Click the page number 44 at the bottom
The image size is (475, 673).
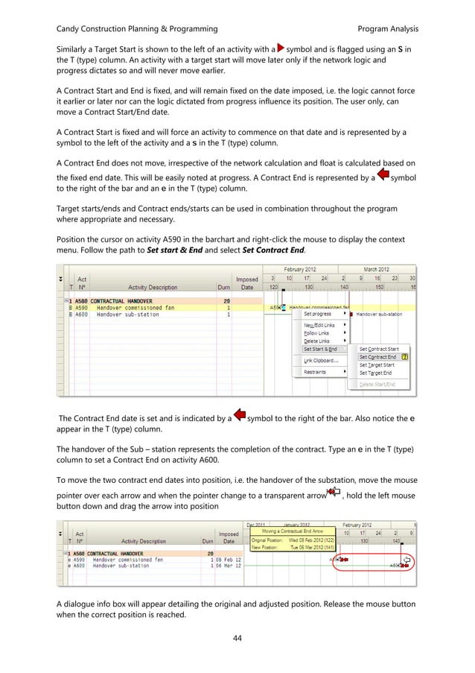point(238,639)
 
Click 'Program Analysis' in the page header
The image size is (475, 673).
point(388,29)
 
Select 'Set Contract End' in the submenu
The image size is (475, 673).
point(377,357)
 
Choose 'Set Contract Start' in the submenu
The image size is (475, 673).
point(379,349)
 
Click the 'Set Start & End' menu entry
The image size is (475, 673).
point(320,349)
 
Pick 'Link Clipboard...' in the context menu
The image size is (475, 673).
point(322,360)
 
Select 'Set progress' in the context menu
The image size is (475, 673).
point(318,314)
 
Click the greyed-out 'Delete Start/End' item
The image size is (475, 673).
point(377,384)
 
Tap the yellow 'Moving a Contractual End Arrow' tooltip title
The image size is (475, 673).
point(287,531)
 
